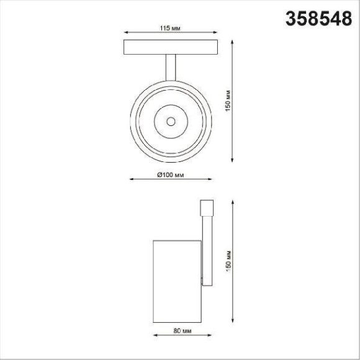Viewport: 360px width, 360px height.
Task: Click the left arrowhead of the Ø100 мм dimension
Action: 130,180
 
